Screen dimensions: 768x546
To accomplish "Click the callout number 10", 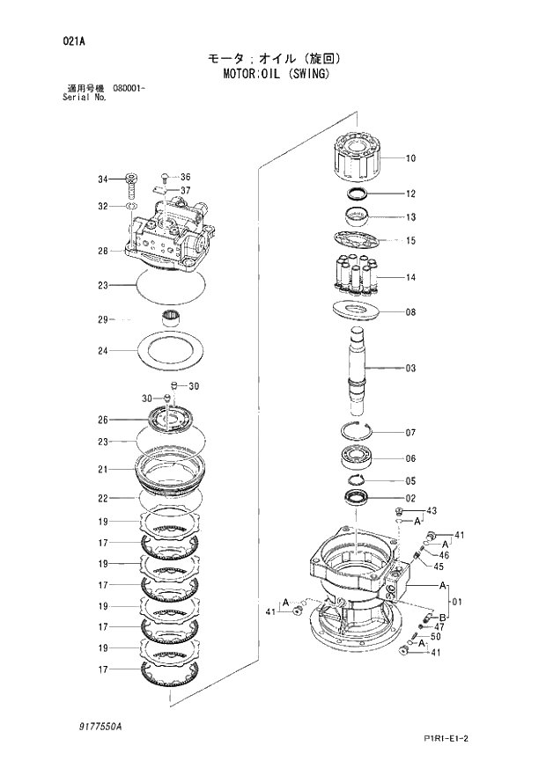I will click(x=410, y=159).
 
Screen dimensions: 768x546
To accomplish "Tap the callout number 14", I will click(x=410, y=278).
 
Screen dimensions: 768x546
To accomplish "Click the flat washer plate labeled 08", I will click(x=361, y=311).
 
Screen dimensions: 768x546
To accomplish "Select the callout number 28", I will click(x=103, y=252).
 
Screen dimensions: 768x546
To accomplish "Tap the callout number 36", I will click(x=185, y=177).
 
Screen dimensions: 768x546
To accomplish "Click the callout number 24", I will click(x=103, y=351).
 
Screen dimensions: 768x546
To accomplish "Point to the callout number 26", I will click(x=103, y=420).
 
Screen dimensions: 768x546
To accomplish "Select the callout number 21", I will click(x=103, y=469).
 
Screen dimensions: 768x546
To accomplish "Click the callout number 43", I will click(x=432, y=511).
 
